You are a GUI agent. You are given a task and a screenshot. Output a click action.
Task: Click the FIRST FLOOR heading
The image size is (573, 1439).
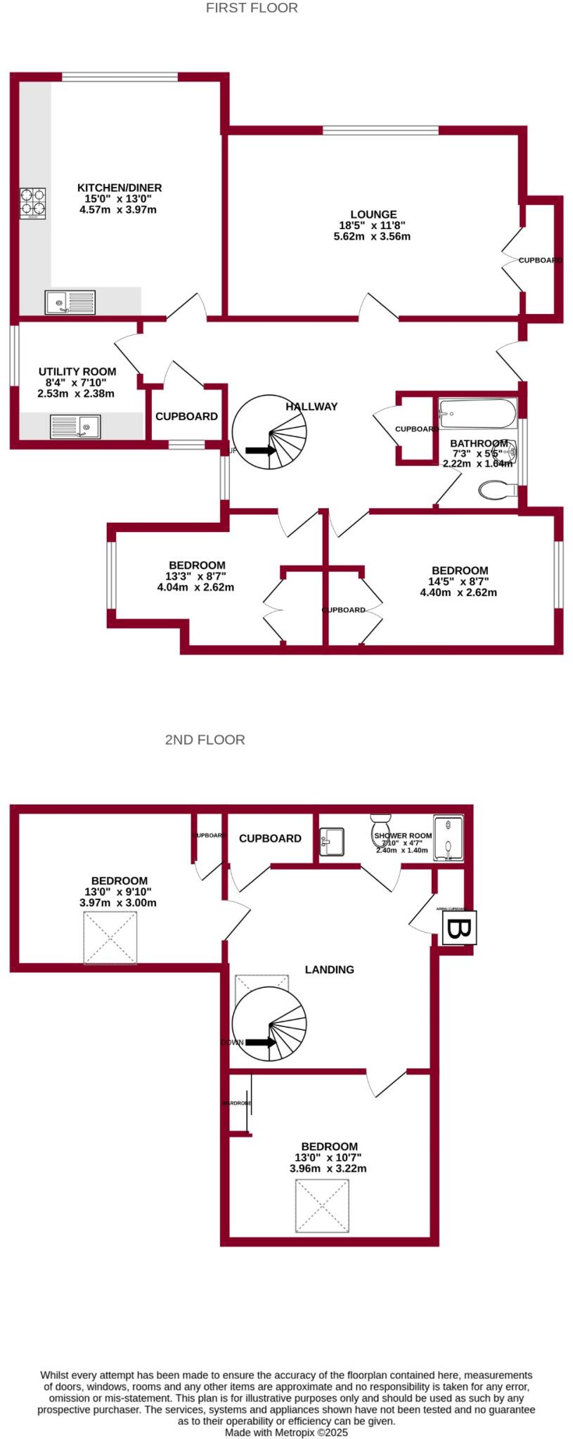pos(252,8)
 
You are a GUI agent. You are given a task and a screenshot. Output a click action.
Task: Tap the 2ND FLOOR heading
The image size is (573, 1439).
pos(205,740)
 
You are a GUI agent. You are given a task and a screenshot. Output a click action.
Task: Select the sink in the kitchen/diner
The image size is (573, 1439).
pos(70,302)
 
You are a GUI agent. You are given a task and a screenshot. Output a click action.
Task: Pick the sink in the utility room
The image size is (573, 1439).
pos(75,427)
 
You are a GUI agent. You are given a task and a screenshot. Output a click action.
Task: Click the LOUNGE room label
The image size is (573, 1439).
pos(373,214)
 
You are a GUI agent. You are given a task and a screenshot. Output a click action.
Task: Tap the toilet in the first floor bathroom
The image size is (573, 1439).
pos(497,490)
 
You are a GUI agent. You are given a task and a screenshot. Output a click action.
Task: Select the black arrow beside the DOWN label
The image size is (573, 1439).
pos(261,1043)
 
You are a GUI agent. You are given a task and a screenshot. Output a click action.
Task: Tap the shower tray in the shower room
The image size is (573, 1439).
pos(449,838)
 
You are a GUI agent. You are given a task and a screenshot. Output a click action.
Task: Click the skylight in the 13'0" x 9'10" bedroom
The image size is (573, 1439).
pos(110,938)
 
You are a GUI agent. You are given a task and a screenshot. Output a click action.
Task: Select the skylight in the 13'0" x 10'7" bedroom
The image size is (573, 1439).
pos(322,1206)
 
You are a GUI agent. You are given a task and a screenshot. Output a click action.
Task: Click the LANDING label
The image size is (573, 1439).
pos(329,970)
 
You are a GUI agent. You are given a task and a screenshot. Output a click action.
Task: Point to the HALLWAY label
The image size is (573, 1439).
pos(311,406)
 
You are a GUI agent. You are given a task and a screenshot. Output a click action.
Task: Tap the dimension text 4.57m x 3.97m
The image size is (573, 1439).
pos(118,209)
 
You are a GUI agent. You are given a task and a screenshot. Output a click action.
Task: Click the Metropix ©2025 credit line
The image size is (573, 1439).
pos(286,1432)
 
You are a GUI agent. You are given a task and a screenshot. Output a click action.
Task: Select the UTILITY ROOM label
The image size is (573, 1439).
pos(77,372)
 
